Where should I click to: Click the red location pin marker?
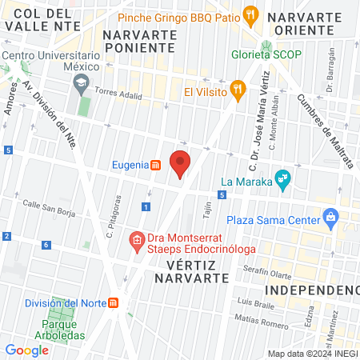[181, 163]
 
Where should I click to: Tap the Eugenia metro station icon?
[156, 165]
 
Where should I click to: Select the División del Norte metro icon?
[114, 302]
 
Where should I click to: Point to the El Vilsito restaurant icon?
[236, 89]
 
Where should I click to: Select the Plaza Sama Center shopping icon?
[330, 217]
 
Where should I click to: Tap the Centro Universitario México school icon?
[81, 82]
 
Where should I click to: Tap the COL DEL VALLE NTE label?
[46, 21]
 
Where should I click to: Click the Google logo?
[26, 350]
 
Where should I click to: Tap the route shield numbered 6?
[46, 245]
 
